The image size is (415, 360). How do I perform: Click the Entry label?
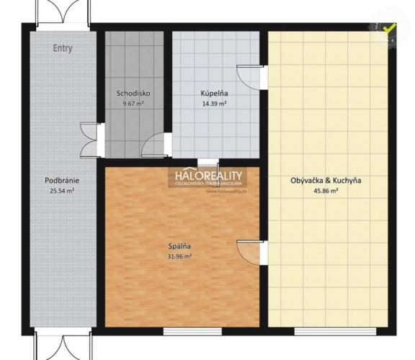[63, 48]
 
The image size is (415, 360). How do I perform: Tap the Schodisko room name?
[133, 94]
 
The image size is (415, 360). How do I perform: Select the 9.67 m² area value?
[133, 104]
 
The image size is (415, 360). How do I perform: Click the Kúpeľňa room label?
[214, 94]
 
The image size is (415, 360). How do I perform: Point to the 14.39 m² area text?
[214, 104]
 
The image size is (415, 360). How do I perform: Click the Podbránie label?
[61, 181]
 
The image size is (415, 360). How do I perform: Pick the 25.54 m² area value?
[61, 191]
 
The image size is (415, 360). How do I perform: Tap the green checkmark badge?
[389, 30]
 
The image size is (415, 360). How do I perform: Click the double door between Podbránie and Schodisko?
[92, 140]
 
